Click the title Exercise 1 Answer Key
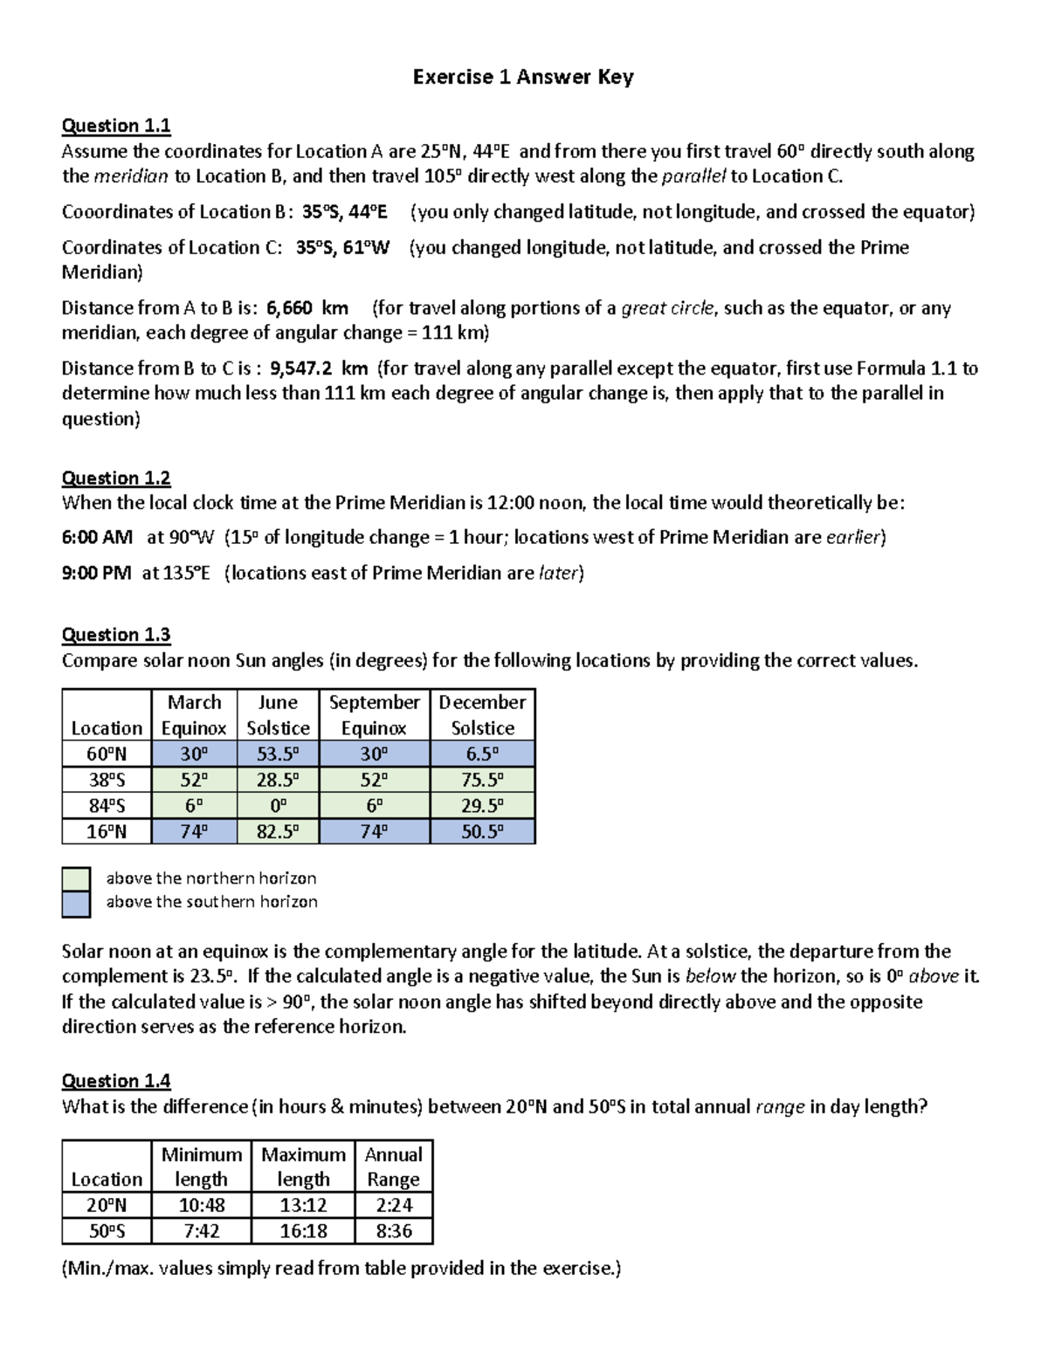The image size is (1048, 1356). click(x=523, y=77)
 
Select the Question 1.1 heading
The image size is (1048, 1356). click(x=115, y=126)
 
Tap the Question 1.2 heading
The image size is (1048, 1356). click(x=115, y=478)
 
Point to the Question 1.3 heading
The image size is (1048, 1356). click(x=115, y=635)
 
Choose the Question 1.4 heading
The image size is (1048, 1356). click(x=115, y=1081)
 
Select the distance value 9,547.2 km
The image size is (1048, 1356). click(x=319, y=368)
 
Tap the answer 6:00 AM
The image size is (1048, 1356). click(x=97, y=537)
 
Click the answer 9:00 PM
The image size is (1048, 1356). click(x=96, y=573)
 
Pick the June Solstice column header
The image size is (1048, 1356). click(x=278, y=715)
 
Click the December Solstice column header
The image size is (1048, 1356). click(x=482, y=715)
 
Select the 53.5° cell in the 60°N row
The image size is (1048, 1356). click(x=278, y=754)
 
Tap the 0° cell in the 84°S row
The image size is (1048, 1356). click(x=278, y=806)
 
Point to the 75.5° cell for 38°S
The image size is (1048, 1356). click(x=482, y=780)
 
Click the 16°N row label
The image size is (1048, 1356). click(x=107, y=831)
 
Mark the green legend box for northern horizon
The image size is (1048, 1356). click(x=76, y=878)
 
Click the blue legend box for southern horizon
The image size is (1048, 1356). click(x=76, y=904)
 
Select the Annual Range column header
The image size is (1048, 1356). click(x=393, y=1167)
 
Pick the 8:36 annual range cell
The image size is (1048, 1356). click(x=394, y=1231)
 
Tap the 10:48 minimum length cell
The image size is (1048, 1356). click(x=201, y=1206)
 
